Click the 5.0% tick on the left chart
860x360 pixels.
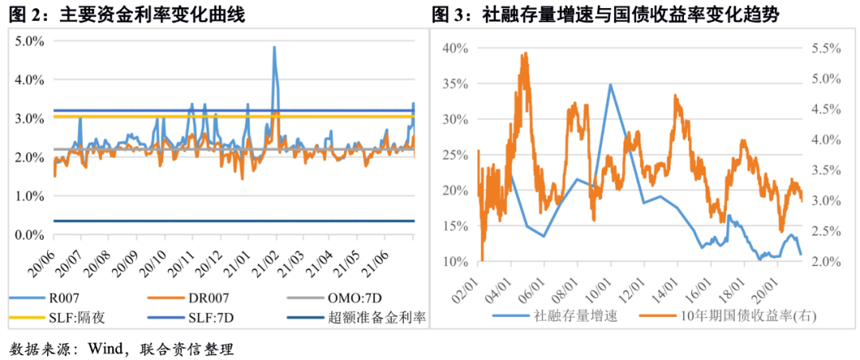click(x=29, y=41)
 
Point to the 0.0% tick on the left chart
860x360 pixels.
click(x=29, y=235)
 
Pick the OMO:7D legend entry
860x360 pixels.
click(x=355, y=299)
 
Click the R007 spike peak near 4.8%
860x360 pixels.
click(x=274, y=47)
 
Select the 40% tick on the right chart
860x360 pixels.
click(x=454, y=48)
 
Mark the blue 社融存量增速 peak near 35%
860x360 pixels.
click(x=610, y=84)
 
